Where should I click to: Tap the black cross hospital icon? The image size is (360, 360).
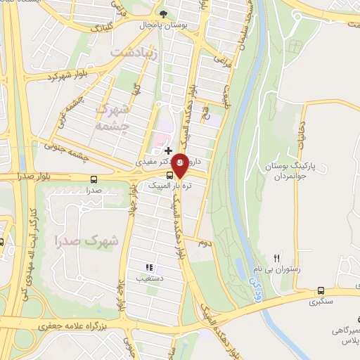click(x=168, y=150)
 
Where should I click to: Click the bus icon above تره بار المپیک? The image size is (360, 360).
click(x=169, y=174)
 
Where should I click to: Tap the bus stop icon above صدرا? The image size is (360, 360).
click(x=94, y=179)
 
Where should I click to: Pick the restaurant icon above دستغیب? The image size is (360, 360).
click(x=148, y=267)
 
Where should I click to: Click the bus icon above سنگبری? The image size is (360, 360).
click(x=321, y=290)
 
